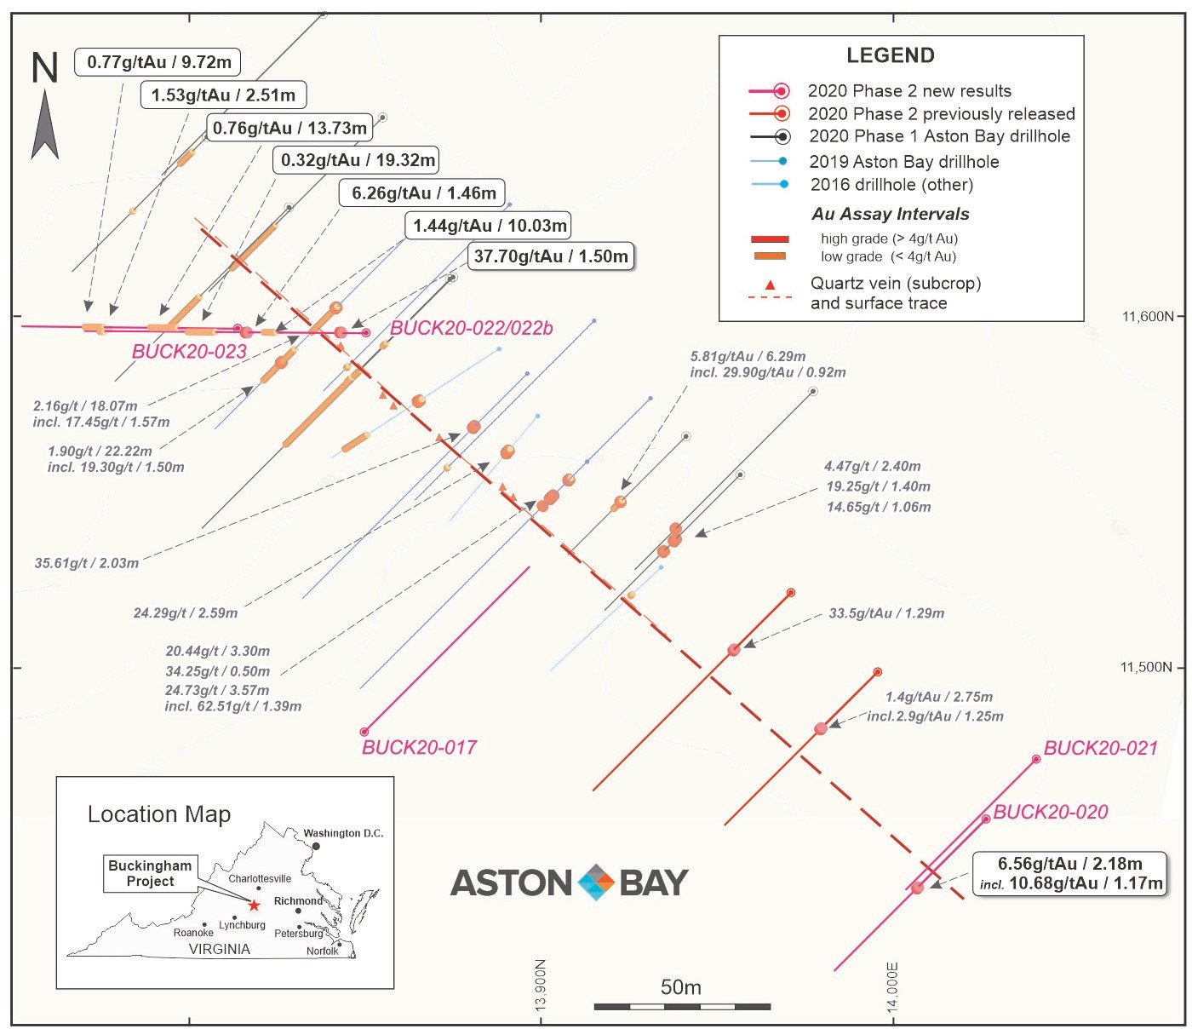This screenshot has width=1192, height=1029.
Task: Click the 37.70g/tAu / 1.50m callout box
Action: coord(551,256)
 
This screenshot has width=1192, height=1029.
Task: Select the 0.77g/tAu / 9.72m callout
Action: coord(158,61)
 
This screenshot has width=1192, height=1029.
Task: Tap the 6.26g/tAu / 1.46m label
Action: coord(421,193)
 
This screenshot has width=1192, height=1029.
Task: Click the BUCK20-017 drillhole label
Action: coord(419,747)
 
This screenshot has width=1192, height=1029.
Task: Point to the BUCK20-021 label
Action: coord(1100,748)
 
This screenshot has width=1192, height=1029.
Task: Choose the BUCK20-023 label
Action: coord(189,351)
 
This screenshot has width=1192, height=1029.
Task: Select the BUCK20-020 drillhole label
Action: coord(1050,812)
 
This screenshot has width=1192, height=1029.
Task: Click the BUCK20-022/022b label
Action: coord(471,328)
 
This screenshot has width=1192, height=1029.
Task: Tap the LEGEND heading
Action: coord(891,55)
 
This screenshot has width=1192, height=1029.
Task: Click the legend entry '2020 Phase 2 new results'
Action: coord(908,91)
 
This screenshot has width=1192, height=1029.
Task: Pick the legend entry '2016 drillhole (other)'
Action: coord(891,185)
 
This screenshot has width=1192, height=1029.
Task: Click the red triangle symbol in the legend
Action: coord(770,285)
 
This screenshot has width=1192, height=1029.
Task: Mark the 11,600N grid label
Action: coord(1147,316)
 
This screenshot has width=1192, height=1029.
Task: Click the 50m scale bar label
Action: coord(680,987)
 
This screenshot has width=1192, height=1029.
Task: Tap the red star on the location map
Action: coord(254,905)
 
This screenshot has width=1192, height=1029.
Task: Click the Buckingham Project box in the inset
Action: coord(150,873)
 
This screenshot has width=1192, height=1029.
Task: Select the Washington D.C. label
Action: coord(343,833)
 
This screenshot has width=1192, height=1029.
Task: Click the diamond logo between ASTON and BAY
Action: coord(596,882)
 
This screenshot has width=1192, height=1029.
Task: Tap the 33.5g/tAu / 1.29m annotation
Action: coord(886,613)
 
